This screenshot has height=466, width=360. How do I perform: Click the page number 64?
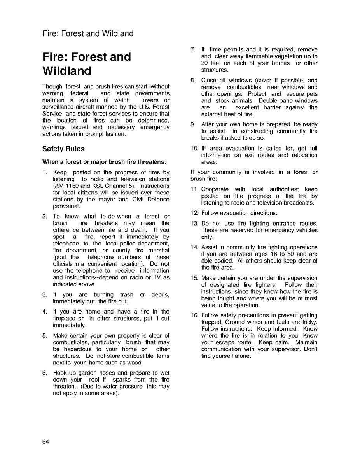click(x=45, y=441)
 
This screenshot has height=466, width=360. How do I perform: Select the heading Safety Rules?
click(x=63, y=149)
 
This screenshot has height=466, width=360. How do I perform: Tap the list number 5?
click(x=45, y=335)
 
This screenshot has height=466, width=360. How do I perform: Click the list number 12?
click(x=194, y=213)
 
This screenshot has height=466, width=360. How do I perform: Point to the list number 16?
click(x=194, y=315)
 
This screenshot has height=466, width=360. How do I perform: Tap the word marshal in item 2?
click(x=158, y=251)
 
